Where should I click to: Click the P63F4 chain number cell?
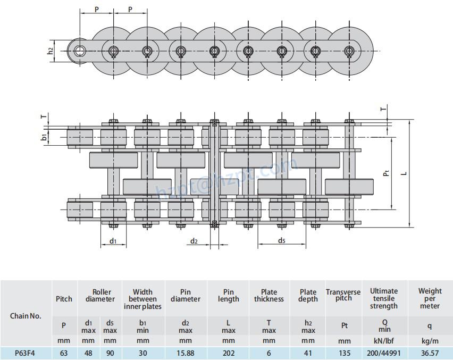click(x=25, y=353)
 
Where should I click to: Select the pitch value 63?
click(x=64, y=353)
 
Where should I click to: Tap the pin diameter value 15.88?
click(x=185, y=353)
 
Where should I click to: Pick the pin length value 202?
click(x=229, y=353)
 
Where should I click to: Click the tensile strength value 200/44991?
click(x=384, y=353)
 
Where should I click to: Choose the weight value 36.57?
click(x=430, y=353)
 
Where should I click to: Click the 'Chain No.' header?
click(x=26, y=316)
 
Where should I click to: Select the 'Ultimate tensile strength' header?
click(x=384, y=298)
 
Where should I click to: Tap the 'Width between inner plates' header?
click(x=142, y=299)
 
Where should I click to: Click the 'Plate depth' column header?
click(x=308, y=296)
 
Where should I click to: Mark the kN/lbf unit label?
click(x=384, y=340)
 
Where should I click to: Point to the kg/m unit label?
click(x=430, y=340)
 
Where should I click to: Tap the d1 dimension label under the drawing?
click(x=113, y=241)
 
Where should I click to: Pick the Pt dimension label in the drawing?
click(x=387, y=172)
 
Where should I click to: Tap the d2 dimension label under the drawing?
click(x=195, y=241)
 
